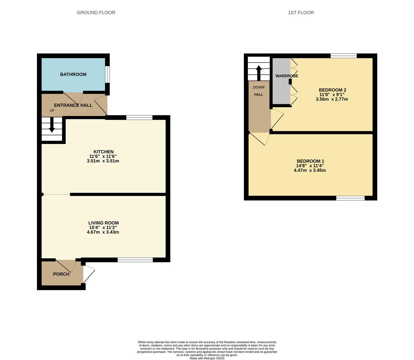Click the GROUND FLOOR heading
[96, 13]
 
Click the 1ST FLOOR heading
[301, 13]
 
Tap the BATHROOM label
[73, 74]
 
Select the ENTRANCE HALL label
[73, 105]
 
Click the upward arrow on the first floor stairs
[259, 72]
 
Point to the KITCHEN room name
[103, 152]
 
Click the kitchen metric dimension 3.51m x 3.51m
[103, 161]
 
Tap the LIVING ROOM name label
[103, 223]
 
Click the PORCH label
[61, 274]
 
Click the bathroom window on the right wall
[107, 74]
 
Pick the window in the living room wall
[135, 260]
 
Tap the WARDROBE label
[287, 76]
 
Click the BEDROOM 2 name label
[332, 90]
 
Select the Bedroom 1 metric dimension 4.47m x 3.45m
[310, 170]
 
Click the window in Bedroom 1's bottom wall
[350, 198]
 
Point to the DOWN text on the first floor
[259, 87]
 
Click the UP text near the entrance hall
[52, 110]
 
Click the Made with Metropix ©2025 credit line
[207, 358]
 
